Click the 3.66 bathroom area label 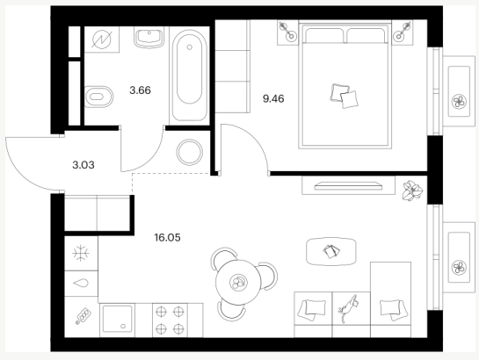[x=141, y=90]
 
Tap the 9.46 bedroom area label [x=273, y=99]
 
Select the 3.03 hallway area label [x=83, y=165]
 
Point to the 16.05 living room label [x=167, y=237]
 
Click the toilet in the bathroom [x=98, y=97]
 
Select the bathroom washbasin [x=149, y=37]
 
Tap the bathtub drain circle [x=189, y=47]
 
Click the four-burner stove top [x=171, y=320]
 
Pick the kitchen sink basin [x=117, y=319]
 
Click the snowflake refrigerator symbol [x=81, y=253]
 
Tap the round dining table [x=238, y=283]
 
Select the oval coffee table [x=331, y=252]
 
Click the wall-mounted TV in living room [x=348, y=186]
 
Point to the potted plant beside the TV [x=412, y=191]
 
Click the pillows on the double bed [x=344, y=96]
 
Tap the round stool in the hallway [x=189, y=152]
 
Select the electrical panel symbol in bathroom [x=102, y=40]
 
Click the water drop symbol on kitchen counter [x=81, y=284]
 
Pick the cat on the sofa [x=348, y=308]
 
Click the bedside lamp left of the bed [x=287, y=32]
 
